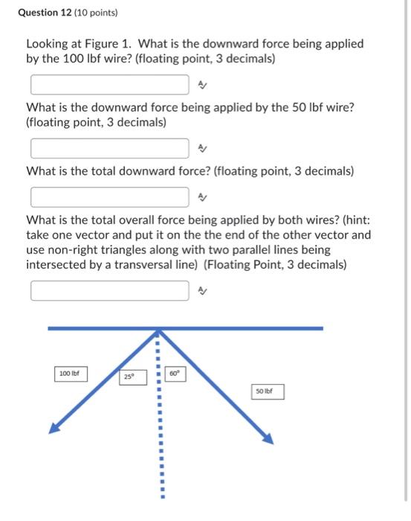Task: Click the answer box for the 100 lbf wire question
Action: coord(109,85)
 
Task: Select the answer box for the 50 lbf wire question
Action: coord(109,149)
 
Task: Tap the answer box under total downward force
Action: coord(109,197)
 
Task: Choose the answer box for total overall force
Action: coord(109,290)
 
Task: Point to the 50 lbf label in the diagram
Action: coord(268,391)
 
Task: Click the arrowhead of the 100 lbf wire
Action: coord(54,427)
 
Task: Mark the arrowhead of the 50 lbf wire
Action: coord(268,438)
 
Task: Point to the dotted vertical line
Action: coord(158,432)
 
